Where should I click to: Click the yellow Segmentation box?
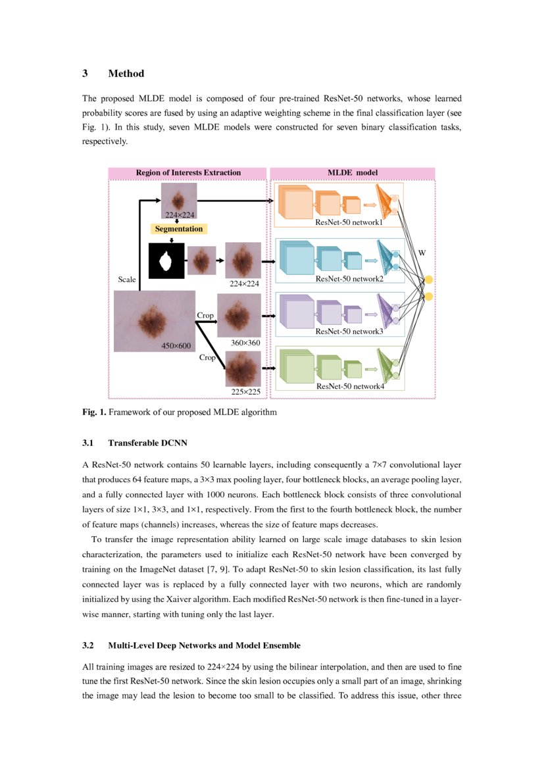tap(179, 229)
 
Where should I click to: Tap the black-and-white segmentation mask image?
tap(166, 260)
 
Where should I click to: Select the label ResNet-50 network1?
tap(349, 223)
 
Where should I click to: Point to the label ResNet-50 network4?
tap(350, 386)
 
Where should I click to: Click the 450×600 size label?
tap(176, 345)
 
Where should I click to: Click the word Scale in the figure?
tap(127, 280)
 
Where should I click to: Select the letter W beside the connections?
tap(422, 253)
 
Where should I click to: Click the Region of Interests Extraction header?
tap(188, 173)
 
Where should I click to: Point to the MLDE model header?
tap(353, 173)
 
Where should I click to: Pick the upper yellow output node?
tap(429, 281)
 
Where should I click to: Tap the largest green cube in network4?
tap(295, 366)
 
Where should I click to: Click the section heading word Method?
tap(126, 73)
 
